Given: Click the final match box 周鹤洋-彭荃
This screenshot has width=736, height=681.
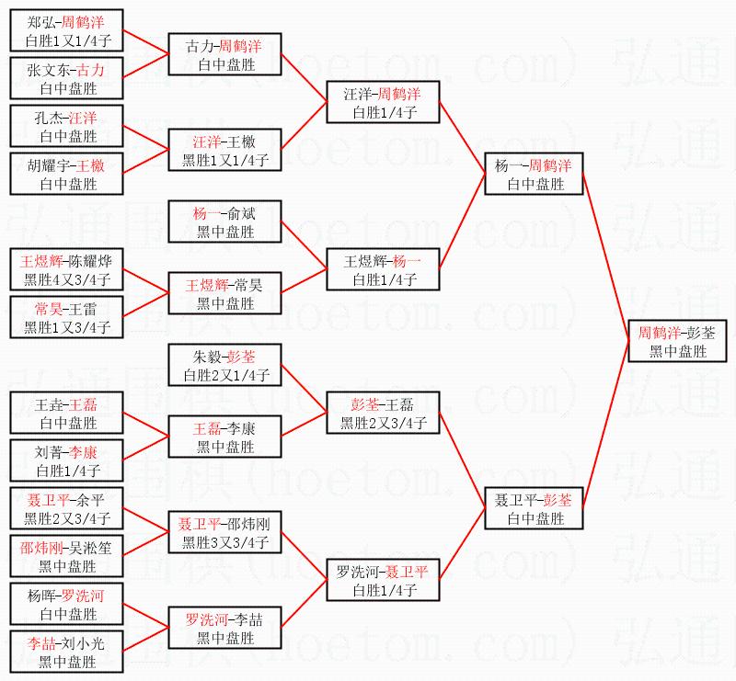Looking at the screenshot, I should (678, 342).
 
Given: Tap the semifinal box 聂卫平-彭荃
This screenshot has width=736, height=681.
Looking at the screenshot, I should (534, 509).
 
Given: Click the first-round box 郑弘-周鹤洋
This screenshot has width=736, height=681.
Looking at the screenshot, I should (66, 31).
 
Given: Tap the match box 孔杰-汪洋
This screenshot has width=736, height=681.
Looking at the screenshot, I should (66, 127).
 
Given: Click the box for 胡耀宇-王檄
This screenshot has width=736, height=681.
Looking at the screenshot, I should (66, 175).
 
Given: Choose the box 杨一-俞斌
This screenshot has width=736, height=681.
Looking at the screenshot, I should (224, 222).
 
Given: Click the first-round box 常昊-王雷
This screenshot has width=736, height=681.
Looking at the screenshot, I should (66, 318).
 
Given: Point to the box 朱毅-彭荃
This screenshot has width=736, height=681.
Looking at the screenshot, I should (224, 366).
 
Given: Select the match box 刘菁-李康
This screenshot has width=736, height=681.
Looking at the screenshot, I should (66, 461).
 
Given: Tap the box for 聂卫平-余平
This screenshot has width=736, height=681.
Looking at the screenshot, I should (66, 509).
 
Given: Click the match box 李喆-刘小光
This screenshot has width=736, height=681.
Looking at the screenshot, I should (66, 653).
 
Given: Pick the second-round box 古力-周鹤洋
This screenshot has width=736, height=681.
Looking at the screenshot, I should (224, 55).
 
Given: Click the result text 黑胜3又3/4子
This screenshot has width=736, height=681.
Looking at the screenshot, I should (224, 542).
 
